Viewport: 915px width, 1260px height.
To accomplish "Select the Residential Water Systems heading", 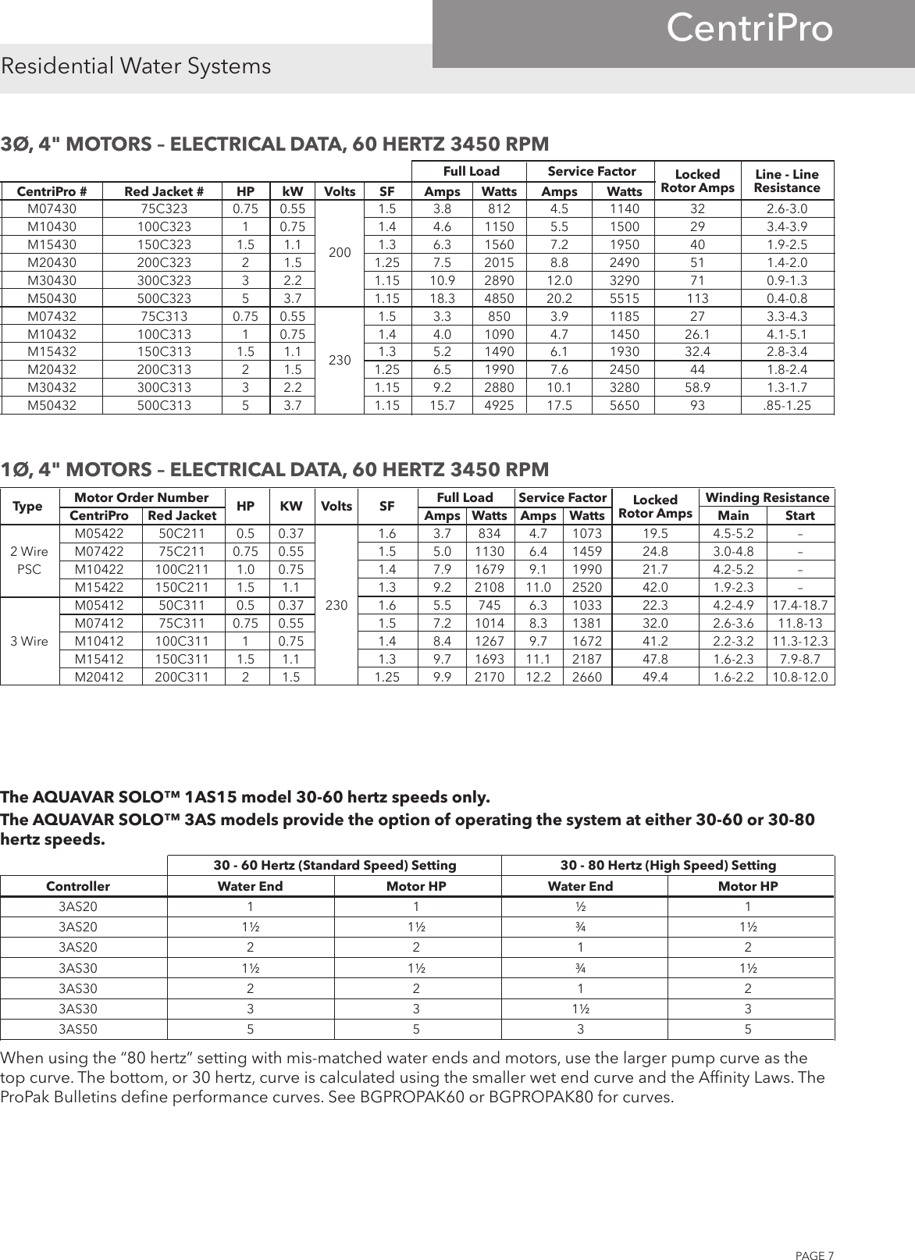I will click(137, 66).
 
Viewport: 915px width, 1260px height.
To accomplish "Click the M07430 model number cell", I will click(52, 209).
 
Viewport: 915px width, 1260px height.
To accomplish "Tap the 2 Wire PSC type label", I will click(29, 560).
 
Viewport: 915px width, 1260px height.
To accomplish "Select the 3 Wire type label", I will click(29, 642).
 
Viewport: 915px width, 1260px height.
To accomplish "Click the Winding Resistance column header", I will click(767, 498).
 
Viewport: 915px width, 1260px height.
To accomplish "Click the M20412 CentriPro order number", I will click(99, 678).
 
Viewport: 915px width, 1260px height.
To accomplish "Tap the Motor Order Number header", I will click(141, 498).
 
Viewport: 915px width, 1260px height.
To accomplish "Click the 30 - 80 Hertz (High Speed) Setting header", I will click(668, 865).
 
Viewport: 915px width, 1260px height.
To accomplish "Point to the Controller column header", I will click(78, 886).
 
